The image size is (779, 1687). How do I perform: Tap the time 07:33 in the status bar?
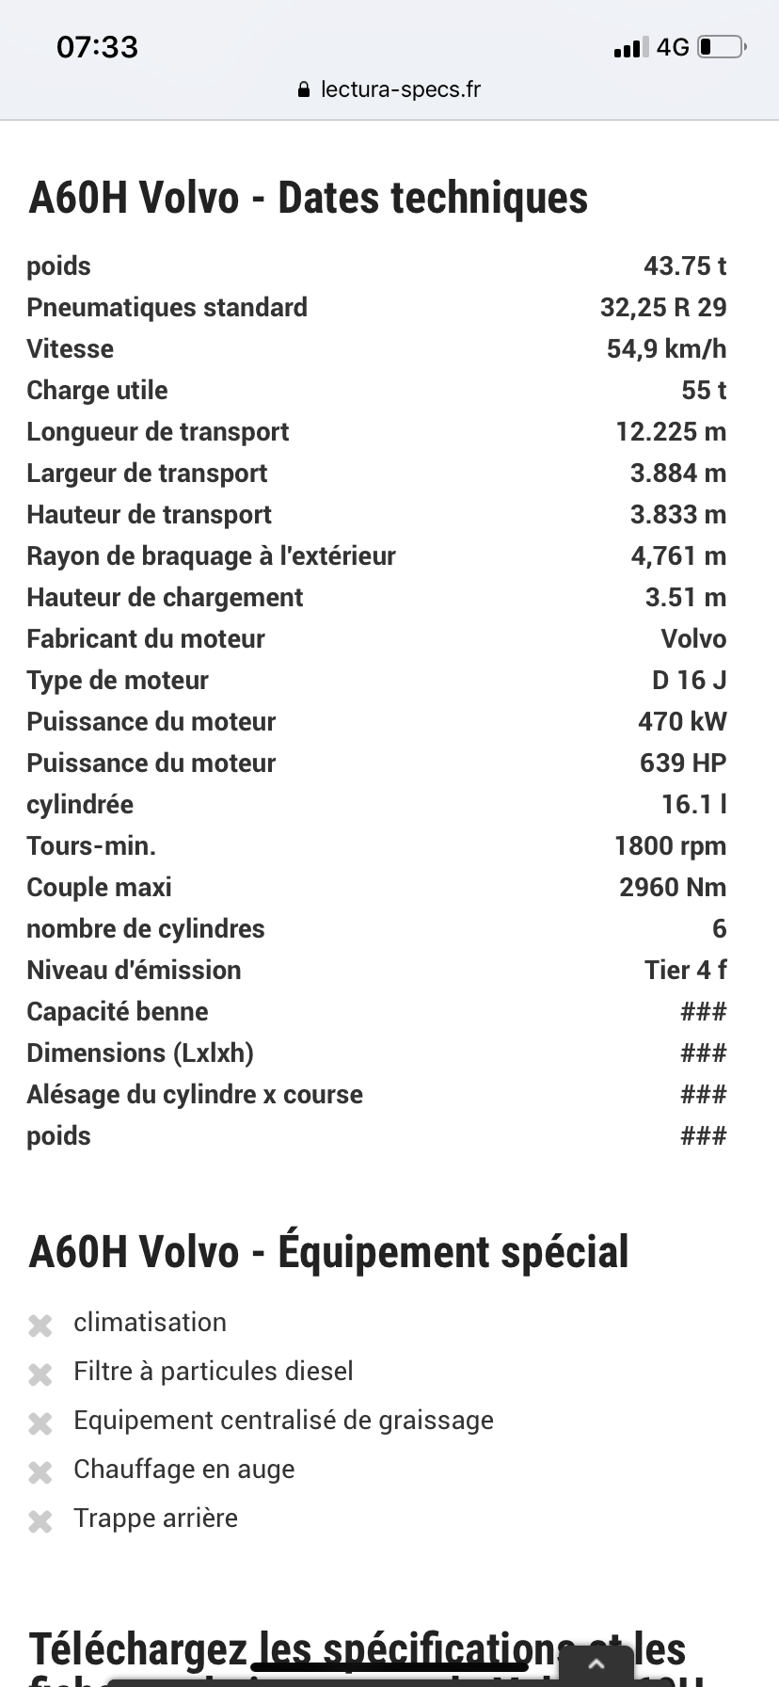[x=97, y=47]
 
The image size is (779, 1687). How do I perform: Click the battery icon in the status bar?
[x=722, y=47]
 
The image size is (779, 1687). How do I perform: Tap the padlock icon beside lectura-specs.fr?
[x=303, y=90]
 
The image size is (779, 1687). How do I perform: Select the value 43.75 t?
[x=685, y=266]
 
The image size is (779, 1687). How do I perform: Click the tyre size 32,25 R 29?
[x=663, y=308]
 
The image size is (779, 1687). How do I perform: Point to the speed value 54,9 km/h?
[x=666, y=349]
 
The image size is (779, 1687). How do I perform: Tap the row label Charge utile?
[x=97, y=391]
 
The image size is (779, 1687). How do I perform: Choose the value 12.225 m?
[x=671, y=432]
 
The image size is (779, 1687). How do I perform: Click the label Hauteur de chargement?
[x=165, y=598]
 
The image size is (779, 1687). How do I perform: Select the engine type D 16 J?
[x=689, y=681]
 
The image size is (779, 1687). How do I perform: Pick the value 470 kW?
[x=682, y=722]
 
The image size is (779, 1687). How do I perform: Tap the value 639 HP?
[x=683, y=763]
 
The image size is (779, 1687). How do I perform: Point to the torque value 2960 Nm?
[x=673, y=888]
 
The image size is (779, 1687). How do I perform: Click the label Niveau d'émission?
[x=134, y=971]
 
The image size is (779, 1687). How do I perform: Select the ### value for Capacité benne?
[x=703, y=1012]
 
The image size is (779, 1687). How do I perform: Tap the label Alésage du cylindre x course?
[x=195, y=1095]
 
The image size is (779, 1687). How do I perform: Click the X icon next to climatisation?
[x=40, y=1325]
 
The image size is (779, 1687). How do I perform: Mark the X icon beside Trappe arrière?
[x=40, y=1521]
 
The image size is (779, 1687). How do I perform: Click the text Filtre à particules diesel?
[x=214, y=1372]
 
